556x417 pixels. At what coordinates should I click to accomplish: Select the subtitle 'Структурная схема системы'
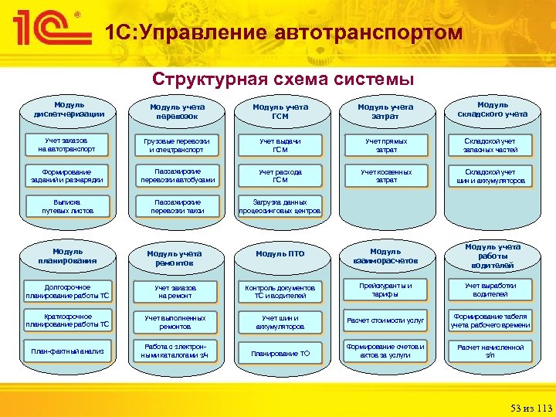[x=283, y=80]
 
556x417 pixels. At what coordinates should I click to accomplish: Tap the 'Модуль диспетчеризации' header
[x=69, y=109]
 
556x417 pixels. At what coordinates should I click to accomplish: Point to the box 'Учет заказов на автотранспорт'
[x=69, y=145]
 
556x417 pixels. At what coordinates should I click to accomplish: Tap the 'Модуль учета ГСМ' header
[x=280, y=111]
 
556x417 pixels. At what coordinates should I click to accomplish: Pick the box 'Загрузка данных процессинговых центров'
[x=280, y=205]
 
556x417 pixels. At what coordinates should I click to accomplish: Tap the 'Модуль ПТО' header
[x=280, y=254]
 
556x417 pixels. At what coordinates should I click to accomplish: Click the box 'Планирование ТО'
[x=280, y=353]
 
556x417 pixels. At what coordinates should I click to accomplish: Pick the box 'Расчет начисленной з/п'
[x=490, y=351]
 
